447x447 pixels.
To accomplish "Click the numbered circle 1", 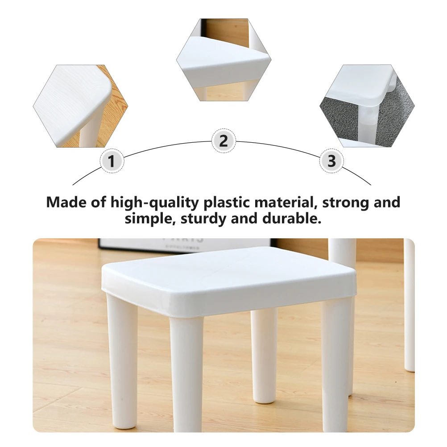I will point(112,161).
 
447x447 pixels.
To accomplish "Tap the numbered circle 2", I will point(223,141).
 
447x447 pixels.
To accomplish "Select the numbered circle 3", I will point(331,161).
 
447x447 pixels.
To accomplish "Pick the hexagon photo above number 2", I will point(223,59).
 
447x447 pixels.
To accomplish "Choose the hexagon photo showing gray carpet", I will point(367,106).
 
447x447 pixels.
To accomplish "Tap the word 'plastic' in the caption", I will point(228,203).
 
